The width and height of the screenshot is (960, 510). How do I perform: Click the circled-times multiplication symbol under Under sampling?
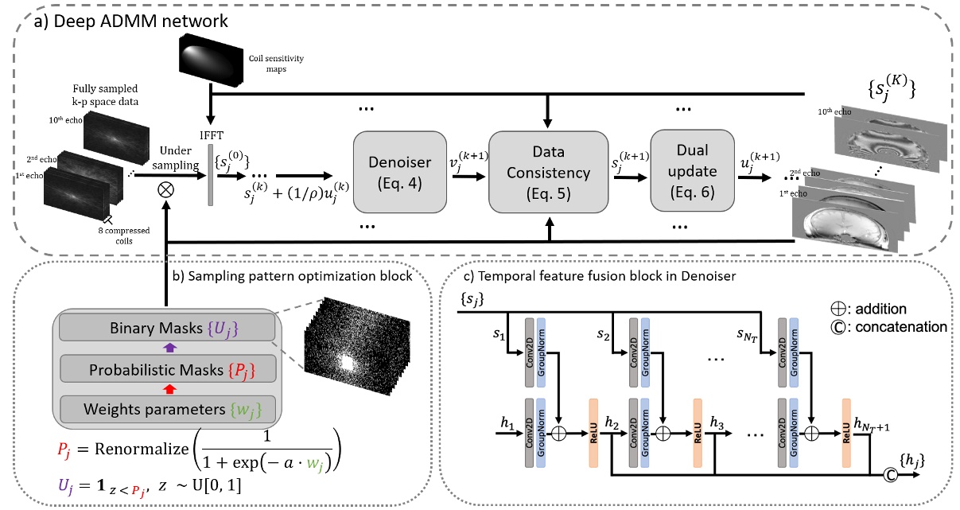coord(166,191)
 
